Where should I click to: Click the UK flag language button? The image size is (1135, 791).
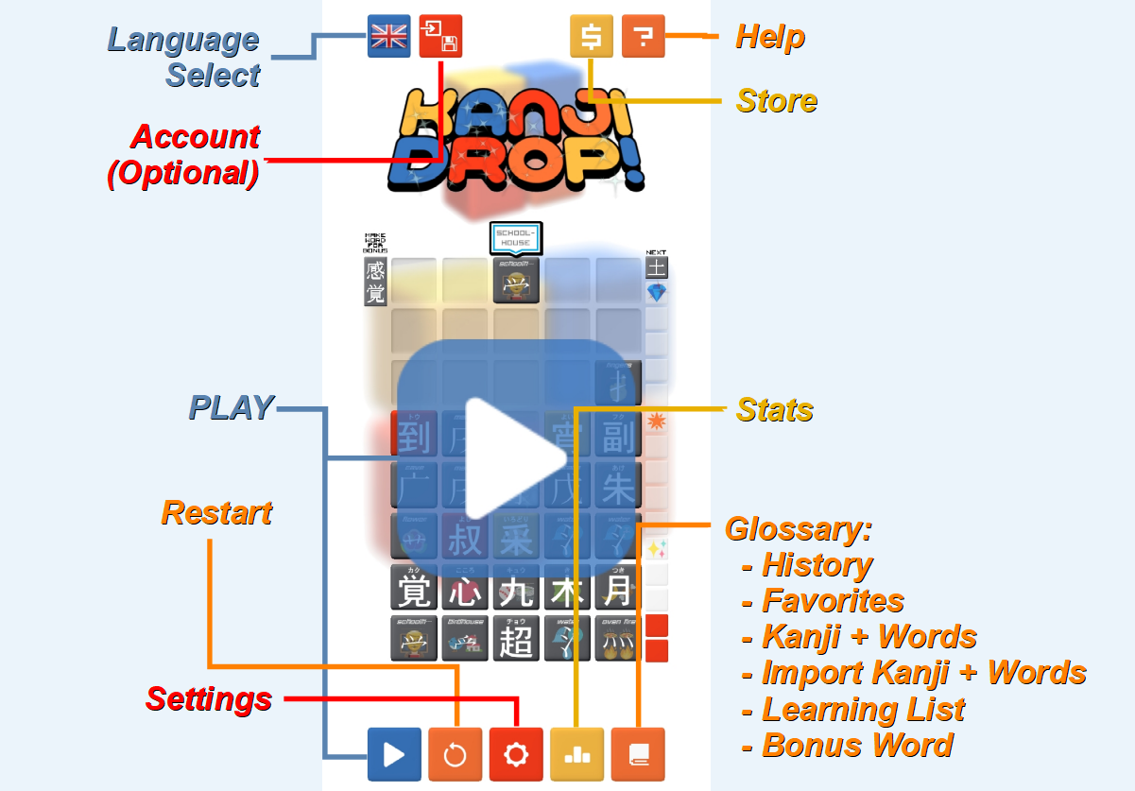pos(388,37)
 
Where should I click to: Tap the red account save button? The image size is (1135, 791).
pos(440,37)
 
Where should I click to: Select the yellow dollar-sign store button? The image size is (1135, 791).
pos(592,37)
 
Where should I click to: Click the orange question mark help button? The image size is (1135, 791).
pos(644,37)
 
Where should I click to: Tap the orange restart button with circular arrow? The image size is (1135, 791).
pos(455,754)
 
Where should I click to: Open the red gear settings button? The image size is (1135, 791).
pos(516,754)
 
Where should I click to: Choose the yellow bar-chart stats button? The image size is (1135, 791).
pos(576,754)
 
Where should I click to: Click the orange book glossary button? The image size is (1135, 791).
pos(638,754)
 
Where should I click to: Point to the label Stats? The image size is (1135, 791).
pos(775,409)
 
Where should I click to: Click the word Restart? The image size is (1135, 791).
pos(216,513)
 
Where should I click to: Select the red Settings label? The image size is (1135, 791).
pos(209,699)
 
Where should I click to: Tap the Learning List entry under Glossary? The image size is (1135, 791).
pos(863,709)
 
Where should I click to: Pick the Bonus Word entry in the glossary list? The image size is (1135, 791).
pos(857,746)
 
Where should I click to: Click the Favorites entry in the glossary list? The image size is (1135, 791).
pos(833,601)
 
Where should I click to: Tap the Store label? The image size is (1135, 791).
pos(777,101)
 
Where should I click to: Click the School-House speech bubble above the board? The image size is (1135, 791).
pos(516,238)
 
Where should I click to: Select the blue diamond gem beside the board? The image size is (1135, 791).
pos(657,293)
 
